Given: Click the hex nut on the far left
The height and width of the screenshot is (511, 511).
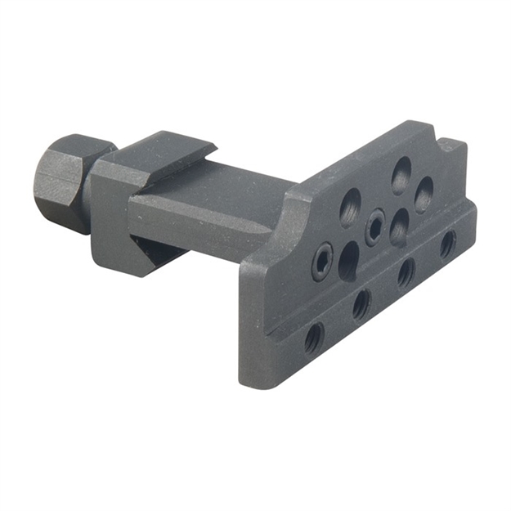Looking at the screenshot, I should (x=58, y=182).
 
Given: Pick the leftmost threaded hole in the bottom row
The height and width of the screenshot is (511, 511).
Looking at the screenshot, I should (x=313, y=338).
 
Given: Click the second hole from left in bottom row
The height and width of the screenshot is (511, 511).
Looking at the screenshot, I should (x=361, y=305).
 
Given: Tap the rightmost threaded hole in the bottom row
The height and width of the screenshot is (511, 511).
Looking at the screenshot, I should (x=448, y=244).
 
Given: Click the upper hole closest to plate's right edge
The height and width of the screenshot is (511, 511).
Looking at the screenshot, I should (x=424, y=194).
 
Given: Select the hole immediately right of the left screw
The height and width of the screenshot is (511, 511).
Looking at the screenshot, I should (x=348, y=260).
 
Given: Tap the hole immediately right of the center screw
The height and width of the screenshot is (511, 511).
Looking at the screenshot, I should (x=400, y=227).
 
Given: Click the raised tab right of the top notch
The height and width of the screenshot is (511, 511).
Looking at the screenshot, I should (x=453, y=147).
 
